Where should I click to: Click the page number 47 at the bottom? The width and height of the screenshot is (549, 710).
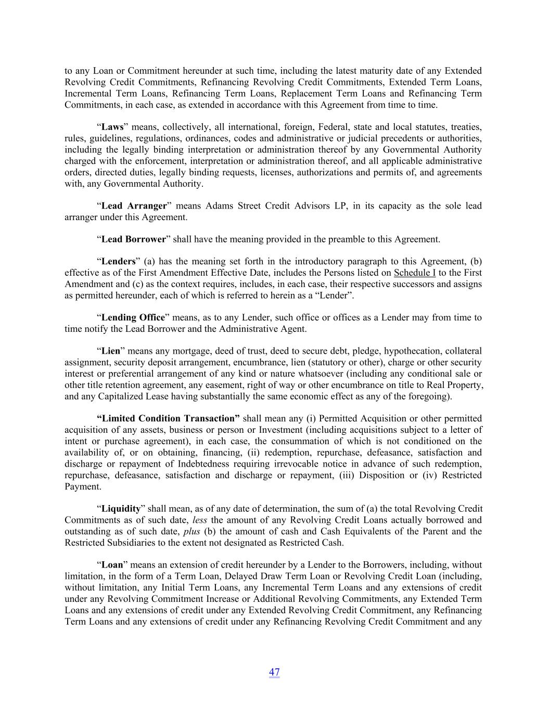(x=274, y=672)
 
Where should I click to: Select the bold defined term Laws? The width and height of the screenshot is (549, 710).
(x=112, y=127)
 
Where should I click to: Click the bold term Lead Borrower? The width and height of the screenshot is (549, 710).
(x=133, y=239)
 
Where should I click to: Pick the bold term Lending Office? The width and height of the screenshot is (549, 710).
(x=133, y=317)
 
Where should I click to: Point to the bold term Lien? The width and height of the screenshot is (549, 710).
(x=110, y=351)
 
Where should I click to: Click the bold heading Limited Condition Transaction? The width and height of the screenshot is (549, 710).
(x=169, y=418)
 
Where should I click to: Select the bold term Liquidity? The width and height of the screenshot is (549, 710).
(x=121, y=509)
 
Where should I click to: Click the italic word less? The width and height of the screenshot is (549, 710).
(x=200, y=520)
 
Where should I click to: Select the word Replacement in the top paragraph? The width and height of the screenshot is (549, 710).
(x=359, y=94)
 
